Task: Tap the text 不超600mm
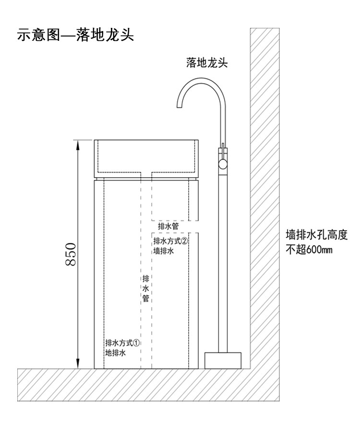pos(310,250)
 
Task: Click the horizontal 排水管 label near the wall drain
pos(169,225)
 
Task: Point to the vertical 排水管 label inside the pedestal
pos(146,288)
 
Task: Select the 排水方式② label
pos(169,241)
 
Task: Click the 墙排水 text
pos(164,251)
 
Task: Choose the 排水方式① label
pos(122,343)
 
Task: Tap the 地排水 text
pos(116,353)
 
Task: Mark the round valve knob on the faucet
pos(222,164)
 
